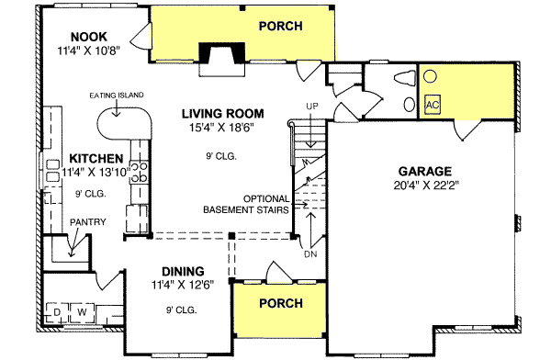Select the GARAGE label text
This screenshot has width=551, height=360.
click(x=425, y=171)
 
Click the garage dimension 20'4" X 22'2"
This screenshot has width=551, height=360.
click(x=425, y=185)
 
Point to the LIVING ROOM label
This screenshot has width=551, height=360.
click(x=217, y=113)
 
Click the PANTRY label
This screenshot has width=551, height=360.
click(x=89, y=221)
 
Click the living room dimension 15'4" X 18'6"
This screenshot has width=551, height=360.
click(x=217, y=127)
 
